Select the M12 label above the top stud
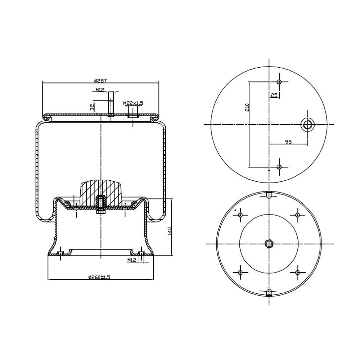coord(100,90)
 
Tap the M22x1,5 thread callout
coord(133,103)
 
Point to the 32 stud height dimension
coord(92,107)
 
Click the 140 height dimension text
coord(170,231)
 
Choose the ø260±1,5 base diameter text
coord(99,277)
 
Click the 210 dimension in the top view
coord(247,107)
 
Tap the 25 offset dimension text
coord(274,95)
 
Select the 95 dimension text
coord(288,142)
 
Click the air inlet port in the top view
coord(307,125)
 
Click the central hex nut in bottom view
coord(269,244)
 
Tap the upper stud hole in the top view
coord(279,82)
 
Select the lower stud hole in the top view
coord(279,167)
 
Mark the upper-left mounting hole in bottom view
coord(240,215)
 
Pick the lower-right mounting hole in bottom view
coord(298,273)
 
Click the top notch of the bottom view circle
coord(269,195)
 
